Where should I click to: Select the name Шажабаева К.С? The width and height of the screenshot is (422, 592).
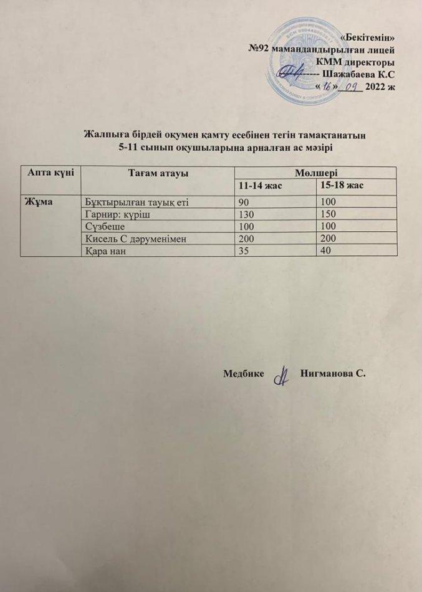(x=358, y=74)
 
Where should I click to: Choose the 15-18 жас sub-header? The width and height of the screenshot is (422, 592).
(x=341, y=186)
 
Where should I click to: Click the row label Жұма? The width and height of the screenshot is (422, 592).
(x=37, y=202)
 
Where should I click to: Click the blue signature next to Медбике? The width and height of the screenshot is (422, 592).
(x=284, y=378)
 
